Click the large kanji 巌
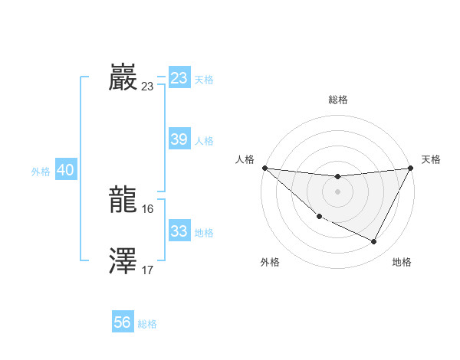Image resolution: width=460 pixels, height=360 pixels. click(x=123, y=78)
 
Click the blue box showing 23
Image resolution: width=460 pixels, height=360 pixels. click(x=179, y=78)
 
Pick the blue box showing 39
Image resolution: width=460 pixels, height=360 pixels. click(x=179, y=139)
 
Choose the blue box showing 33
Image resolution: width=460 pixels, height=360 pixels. click(x=179, y=231)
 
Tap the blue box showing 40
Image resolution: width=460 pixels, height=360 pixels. click(x=65, y=171)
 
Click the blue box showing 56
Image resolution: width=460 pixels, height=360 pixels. click(x=123, y=322)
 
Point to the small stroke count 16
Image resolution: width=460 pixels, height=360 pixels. click(x=148, y=208)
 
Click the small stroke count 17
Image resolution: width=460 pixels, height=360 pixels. click(x=148, y=270)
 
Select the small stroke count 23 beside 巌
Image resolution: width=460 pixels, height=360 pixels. click(x=148, y=86)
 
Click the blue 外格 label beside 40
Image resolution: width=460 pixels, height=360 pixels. click(x=41, y=172)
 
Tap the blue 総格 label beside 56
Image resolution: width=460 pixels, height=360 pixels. click(x=147, y=324)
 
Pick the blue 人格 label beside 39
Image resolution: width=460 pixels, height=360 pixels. click(x=204, y=141)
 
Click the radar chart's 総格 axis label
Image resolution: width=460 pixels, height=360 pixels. click(x=337, y=100)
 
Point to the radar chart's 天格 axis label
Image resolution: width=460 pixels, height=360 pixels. click(x=431, y=159)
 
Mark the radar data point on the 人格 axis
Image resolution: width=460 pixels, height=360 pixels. click(x=264, y=168)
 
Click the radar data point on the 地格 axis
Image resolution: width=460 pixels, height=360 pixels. click(x=374, y=242)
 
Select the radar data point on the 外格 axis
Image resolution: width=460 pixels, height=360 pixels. click(x=319, y=217)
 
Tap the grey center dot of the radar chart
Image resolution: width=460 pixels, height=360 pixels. click(x=337, y=191)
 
